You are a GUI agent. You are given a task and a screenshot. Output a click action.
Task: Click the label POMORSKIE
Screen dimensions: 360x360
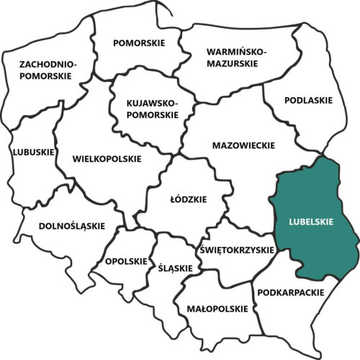[139, 43]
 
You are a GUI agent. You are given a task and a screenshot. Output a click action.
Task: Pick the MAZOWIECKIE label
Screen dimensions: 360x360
[244, 145]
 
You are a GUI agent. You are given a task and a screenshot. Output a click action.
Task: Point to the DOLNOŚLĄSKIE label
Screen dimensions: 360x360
[60, 226]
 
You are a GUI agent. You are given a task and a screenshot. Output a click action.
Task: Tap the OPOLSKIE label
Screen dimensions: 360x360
[127, 261]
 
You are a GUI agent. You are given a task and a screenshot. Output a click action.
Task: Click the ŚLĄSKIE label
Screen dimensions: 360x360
[175, 268]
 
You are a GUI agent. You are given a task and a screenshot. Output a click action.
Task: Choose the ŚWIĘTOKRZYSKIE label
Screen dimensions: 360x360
[236, 250]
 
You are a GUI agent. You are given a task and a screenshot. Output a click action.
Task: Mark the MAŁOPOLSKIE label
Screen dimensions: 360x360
[212, 309]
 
